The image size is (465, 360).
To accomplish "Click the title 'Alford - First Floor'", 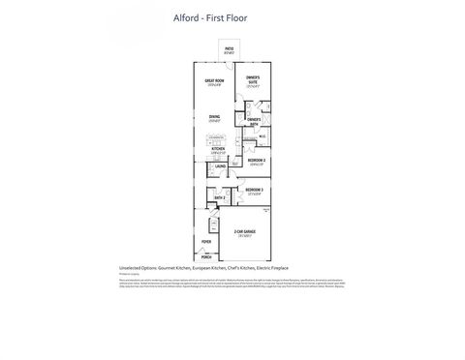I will point(232,17).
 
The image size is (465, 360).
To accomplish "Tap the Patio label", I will point(230,48).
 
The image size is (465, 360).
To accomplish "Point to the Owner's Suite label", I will point(253,79).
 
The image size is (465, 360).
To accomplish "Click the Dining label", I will point(214,119).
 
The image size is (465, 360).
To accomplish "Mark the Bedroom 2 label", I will point(255,161).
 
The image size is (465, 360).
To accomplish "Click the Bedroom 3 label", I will point(254,190).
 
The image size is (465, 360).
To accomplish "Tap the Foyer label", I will point(206,242).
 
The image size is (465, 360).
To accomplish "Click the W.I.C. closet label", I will point(262,136).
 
